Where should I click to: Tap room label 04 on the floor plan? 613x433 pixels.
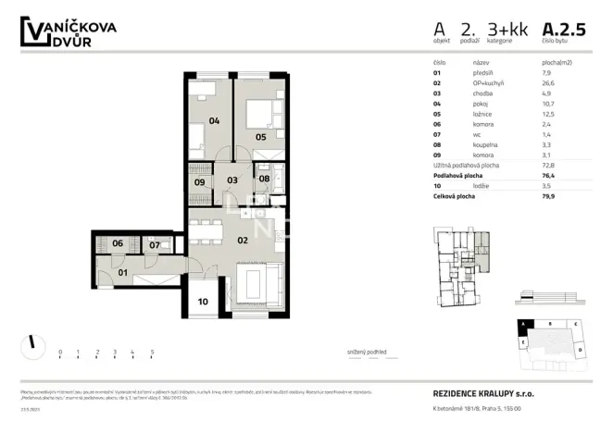click(x=214, y=120)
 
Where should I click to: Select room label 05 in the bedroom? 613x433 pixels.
click(x=261, y=138)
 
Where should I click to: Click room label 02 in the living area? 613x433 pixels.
click(x=242, y=239)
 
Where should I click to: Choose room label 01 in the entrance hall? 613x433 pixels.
click(x=122, y=273)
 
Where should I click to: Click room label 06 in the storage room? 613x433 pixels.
click(x=118, y=244)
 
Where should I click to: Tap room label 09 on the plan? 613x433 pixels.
click(x=201, y=181)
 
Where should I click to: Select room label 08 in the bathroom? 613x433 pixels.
click(x=264, y=179)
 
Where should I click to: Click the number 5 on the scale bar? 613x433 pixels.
click(x=151, y=353)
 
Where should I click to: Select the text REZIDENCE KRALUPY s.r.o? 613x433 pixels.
click(x=482, y=393)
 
